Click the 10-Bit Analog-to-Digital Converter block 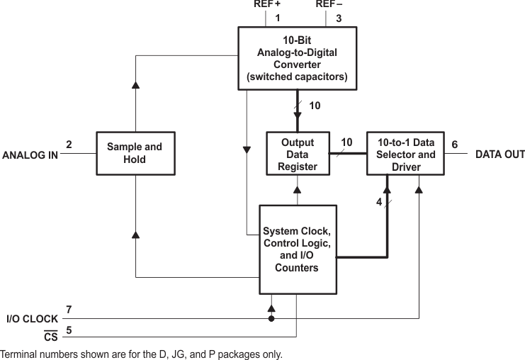tap(297, 59)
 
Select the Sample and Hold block tap(134, 153)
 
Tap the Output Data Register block tap(297, 154)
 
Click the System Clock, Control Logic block tap(297, 249)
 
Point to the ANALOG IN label tap(30, 154)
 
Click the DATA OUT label tap(499, 154)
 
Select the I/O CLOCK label tap(31, 319)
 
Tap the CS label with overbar tap(50, 337)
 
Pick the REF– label tap(329, 4)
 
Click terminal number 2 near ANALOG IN tap(69, 145)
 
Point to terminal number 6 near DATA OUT tap(454, 145)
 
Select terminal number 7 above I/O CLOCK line tap(69, 310)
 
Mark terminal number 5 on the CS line tap(69, 329)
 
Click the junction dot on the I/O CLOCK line tap(271, 319)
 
